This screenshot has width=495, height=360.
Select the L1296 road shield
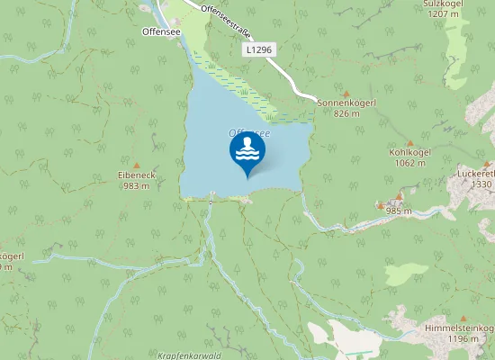click(x=257, y=51)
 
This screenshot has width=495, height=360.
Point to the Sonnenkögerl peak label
click(x=346, y=103)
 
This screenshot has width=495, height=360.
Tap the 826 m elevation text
click(x=346, y=113)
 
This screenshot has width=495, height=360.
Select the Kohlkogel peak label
click(x=409, y=153)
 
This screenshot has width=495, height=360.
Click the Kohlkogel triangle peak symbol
click(x=409, y=142)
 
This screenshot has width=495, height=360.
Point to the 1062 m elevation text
click(x=409, y=164)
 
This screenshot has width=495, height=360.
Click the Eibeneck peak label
click(x=137, y=175)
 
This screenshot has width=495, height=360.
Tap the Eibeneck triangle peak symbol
click(x=137, y=165)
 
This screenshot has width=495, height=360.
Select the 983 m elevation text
click(x=137, y=186)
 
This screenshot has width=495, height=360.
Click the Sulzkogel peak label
click(x=443, y=4)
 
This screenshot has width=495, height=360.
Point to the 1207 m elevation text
click(x=443, y=14)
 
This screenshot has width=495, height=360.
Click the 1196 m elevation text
click(x=464, y=339)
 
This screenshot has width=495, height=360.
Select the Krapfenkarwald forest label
click(x=194, y=355)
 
